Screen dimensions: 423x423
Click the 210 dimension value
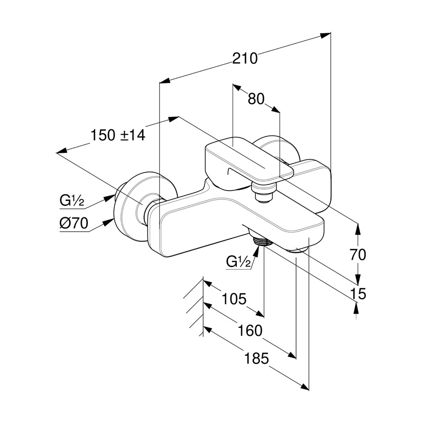(245, 58)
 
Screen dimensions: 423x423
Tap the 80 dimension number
(255, 98)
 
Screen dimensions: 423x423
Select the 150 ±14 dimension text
(117, 135)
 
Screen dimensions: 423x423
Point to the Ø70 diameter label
(73, 223)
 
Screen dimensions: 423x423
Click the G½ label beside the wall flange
(72, 201)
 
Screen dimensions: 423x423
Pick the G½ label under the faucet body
(238, 261)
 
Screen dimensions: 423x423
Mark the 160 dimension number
(250, 331)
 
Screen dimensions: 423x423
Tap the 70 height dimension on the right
(358, 254)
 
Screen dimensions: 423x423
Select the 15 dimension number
(358, 294)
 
